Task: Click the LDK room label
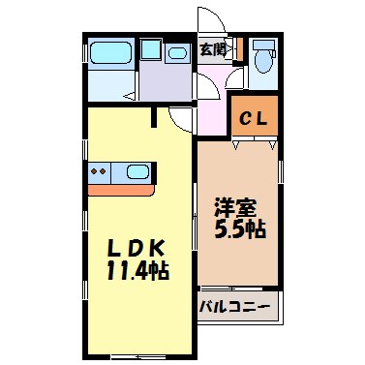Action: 137,244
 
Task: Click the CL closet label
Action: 255,120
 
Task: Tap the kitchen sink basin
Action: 137,172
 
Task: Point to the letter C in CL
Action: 247,120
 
